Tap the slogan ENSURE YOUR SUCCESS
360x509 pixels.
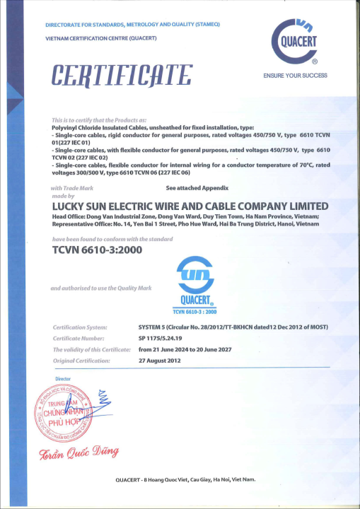click(295, 75)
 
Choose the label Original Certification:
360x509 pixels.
click(83, 361)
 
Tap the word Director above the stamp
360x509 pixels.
click(63, 379)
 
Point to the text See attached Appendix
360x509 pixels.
click(197, 189)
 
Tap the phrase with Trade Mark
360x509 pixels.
click(74, 189)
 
